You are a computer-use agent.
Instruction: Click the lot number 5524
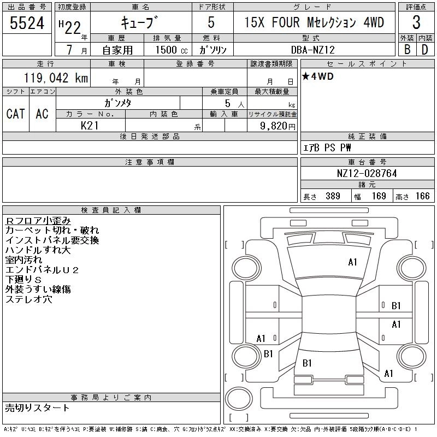click(27, 23)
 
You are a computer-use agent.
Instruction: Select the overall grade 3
click(416, 22)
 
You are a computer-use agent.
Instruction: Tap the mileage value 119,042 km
click(56, 78)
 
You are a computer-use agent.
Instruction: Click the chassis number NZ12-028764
click(367, 173)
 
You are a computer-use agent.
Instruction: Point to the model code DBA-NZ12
click(312, 50)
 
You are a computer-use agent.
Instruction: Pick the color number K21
click(90, 126)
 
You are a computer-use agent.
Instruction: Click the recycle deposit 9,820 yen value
click(277, 126)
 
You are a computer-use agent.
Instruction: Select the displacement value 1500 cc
click(172, 50)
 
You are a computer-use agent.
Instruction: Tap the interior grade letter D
click(425, 50)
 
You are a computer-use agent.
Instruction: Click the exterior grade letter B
click(407, 50)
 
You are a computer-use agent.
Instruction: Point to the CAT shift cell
click(16, 114)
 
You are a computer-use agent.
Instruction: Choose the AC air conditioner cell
click(42, 114)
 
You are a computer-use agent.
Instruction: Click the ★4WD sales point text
click(318, 76)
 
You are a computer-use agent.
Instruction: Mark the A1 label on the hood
click(352, 262)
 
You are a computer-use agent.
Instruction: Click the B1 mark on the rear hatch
click(307, 363)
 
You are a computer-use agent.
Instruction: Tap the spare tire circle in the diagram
click(239, 399)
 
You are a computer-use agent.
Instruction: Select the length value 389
click(333, 196)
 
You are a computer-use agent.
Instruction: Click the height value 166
click(422, 196)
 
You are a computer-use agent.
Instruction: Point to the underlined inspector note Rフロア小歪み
click(38, 221)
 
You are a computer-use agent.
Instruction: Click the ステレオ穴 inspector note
click(29, 299)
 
